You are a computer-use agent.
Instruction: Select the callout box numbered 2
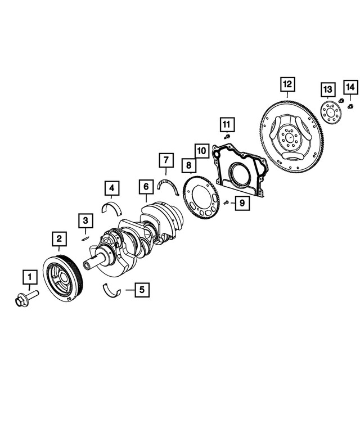coord(58,239)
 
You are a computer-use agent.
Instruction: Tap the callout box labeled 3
coord(85,220)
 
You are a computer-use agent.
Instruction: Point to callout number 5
coord(142,290)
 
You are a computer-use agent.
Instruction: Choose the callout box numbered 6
coord(145,186)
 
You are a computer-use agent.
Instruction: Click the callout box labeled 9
coord(241,203)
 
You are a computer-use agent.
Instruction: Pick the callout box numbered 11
coord(226,123)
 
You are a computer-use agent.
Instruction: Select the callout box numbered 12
coord(287,85)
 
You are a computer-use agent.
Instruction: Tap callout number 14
coord(350,87)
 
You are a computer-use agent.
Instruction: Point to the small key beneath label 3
coord(85,237)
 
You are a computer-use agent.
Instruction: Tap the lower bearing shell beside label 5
coord(112,290)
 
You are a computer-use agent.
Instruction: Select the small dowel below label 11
coord(226,136)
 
